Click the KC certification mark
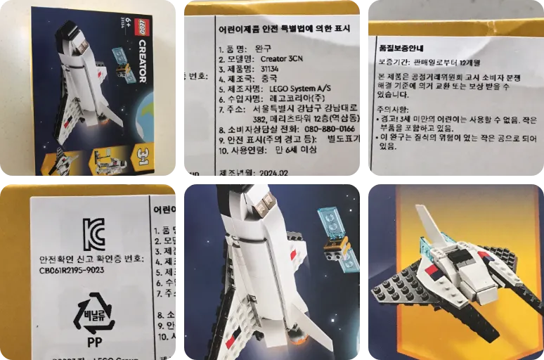pos(93,233)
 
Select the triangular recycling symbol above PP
pos(93,314)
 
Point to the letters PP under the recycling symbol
pos(94,343)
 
